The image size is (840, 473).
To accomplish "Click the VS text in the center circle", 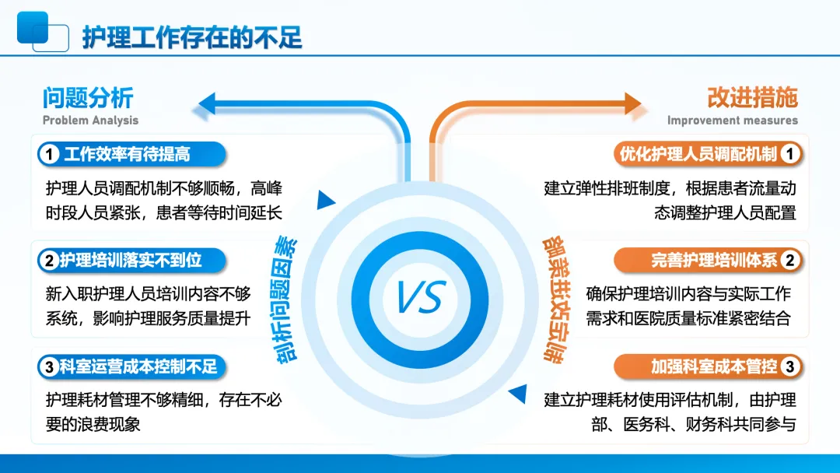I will tap(420, 296).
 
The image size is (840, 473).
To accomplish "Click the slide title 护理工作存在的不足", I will tap(192, 37).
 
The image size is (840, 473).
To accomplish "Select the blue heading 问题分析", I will tap(88, 98).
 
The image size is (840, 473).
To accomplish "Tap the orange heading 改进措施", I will tap(752, 98).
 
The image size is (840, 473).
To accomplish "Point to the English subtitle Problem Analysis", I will tap(90, 121).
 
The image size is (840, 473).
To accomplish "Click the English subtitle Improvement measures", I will tap(732, 121).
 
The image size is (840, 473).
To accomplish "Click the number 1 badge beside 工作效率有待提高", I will tap(50, 154).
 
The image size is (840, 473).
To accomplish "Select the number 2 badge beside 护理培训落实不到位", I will tap(50, 261).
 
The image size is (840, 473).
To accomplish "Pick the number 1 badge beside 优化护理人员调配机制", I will tap(789, 154).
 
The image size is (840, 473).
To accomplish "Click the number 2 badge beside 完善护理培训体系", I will tap(789, 261).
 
